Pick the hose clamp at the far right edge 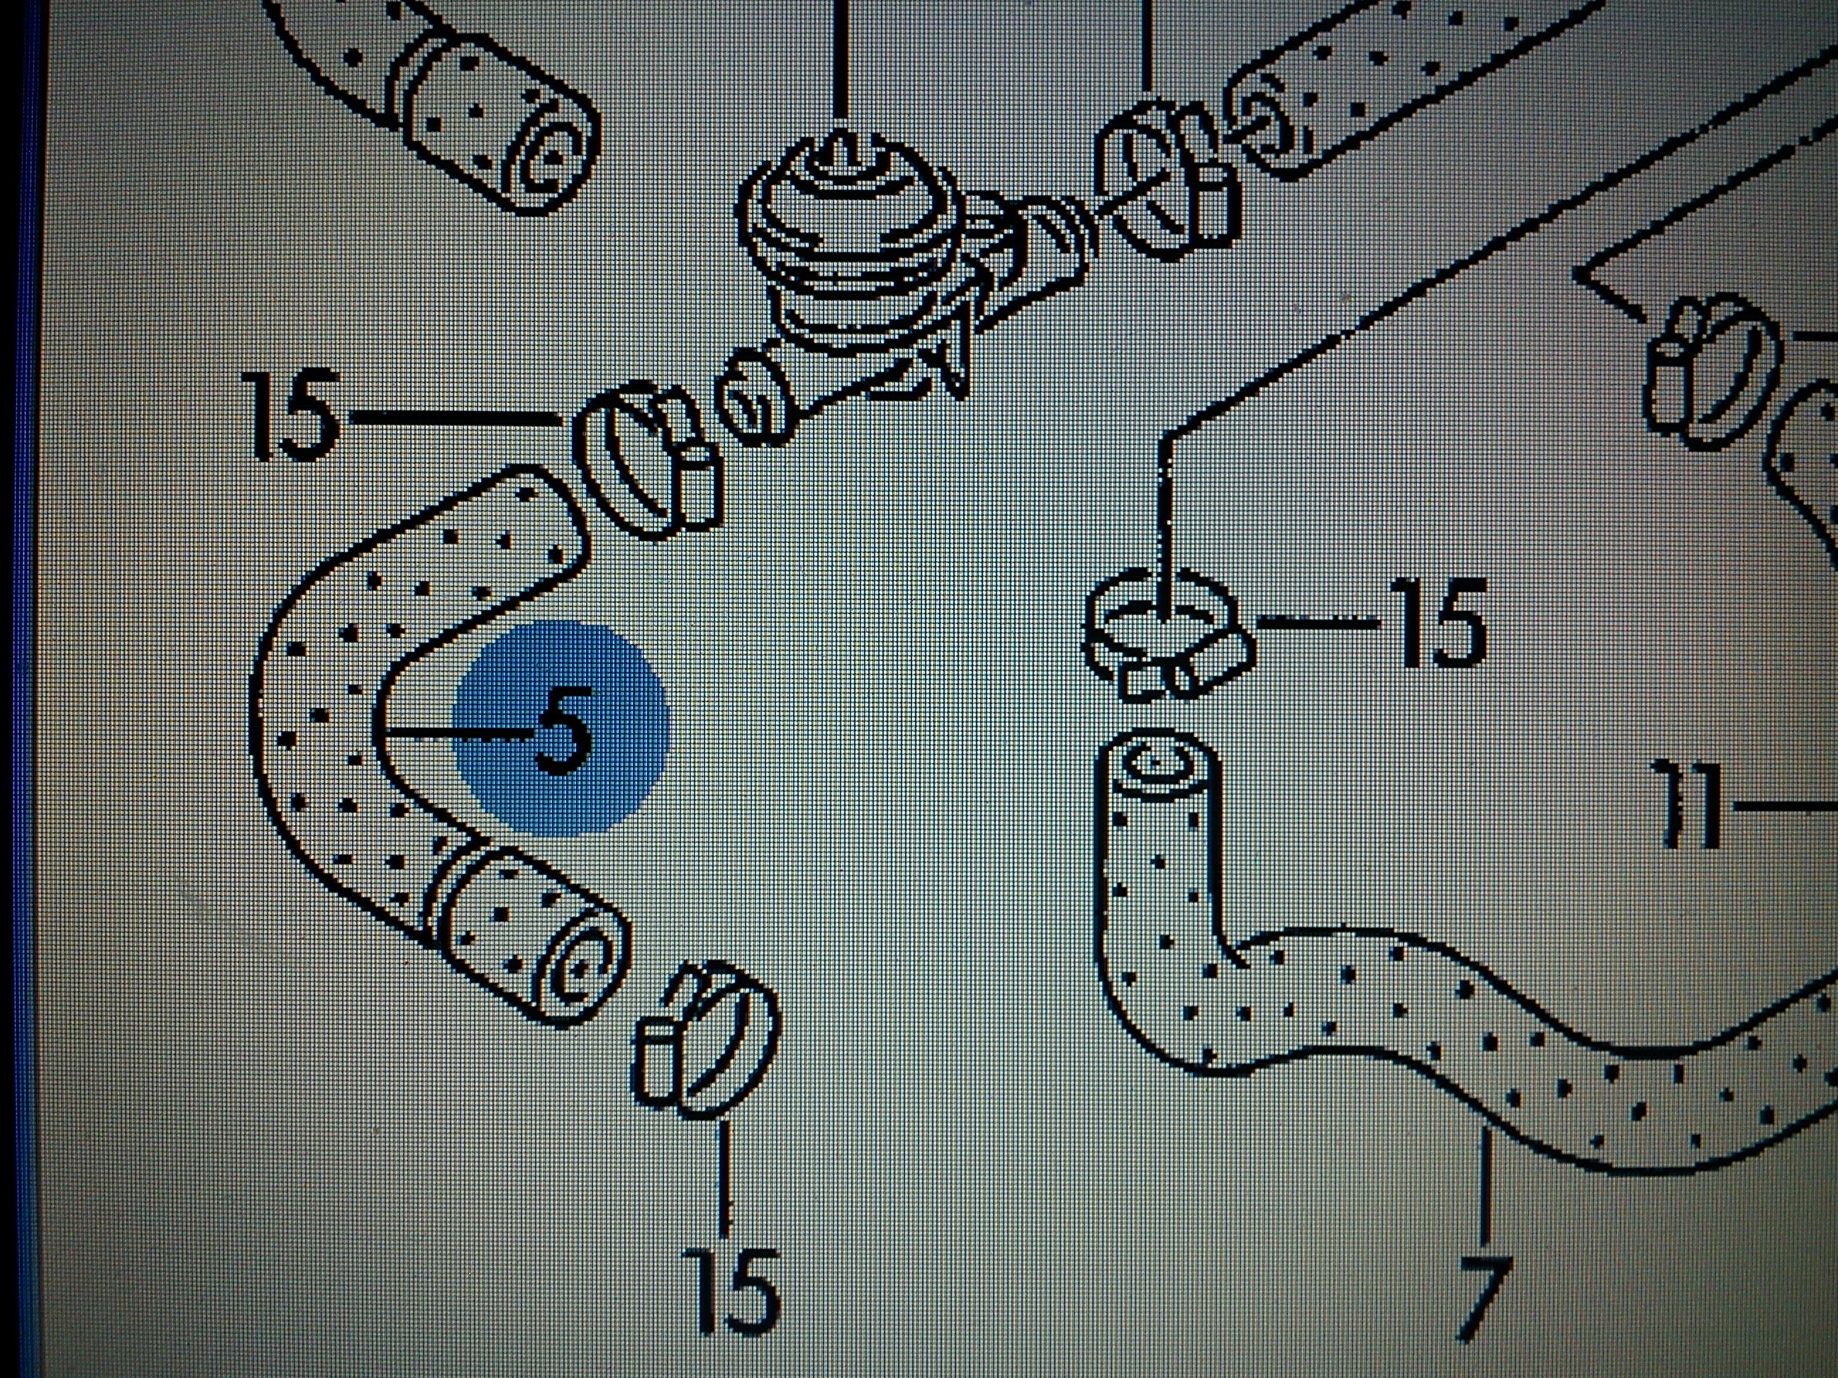pos(1712,366)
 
